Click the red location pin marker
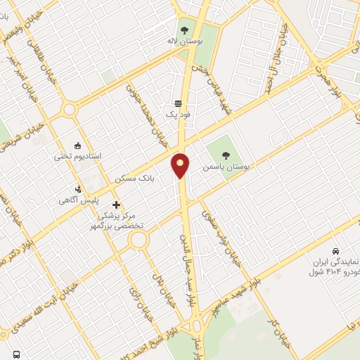click(x=181, y=165)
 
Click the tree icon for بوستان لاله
click(x=184, y=30)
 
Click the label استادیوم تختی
click(x=78, y=155)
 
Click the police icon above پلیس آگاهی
click(x=79, y=188)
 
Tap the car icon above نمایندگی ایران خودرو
click(x=336, y=250)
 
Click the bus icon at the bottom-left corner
click(x=15, y=354)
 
